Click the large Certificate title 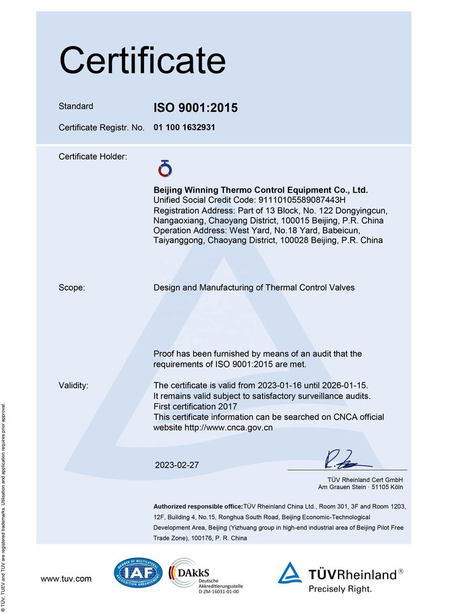(142, 61)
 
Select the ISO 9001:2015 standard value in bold (195, 108)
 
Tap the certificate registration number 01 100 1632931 (184, 127)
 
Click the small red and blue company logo (165, 169)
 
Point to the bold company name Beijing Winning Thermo (261, 190)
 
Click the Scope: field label (71, 288)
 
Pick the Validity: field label (73, 385)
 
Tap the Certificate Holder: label (92, 156)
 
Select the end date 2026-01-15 (345, 385)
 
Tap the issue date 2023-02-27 (177, 465)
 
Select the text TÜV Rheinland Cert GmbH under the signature (366, 479)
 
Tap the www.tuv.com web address (66, 579)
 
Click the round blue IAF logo (138, 573)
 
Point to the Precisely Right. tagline (340, 589)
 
